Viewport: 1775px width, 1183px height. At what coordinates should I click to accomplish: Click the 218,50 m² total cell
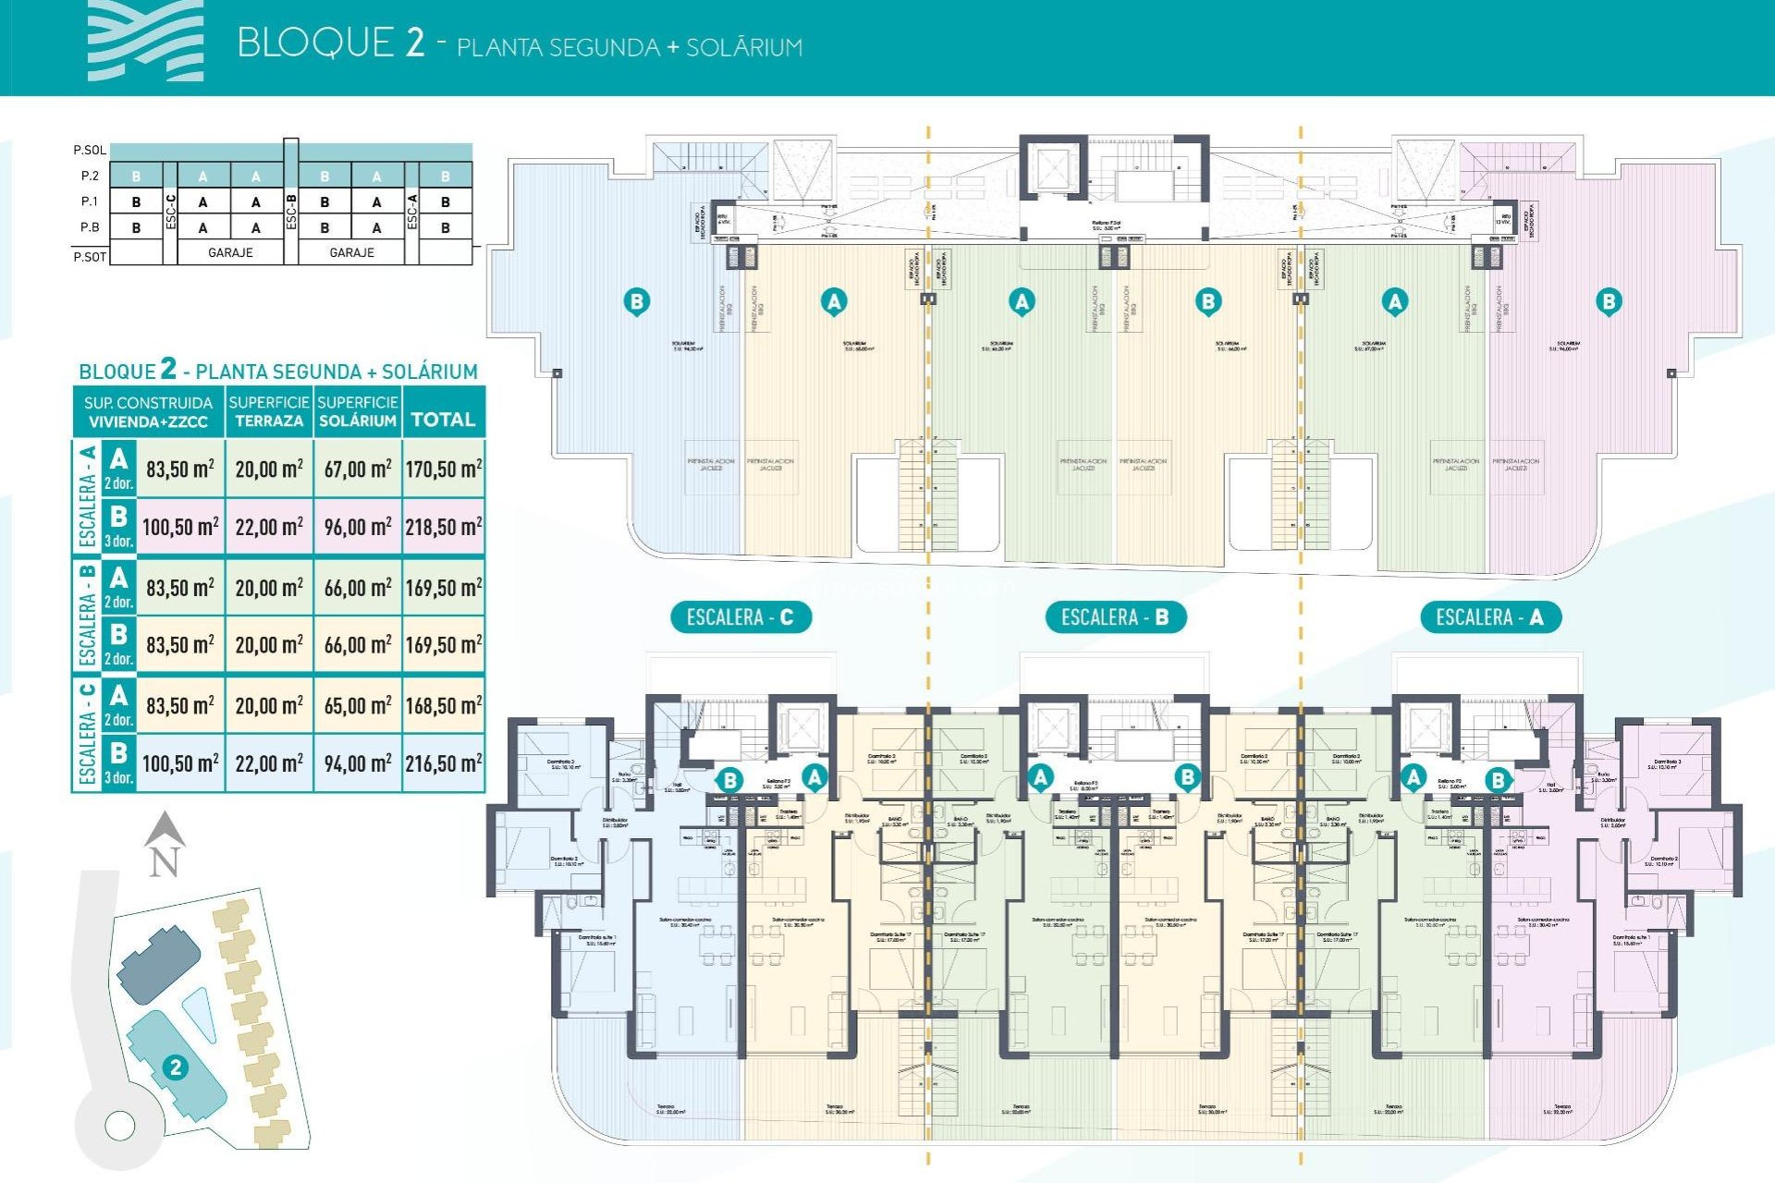[x=444, y=527]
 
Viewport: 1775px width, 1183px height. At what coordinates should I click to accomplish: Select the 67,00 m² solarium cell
[x=358, y=469]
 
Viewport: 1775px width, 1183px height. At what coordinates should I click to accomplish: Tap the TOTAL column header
[x=443, y=420]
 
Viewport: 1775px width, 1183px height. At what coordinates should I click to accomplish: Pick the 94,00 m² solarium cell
[x=358, y=763]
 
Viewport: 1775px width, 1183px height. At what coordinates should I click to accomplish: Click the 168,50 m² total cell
[x=444, y=706]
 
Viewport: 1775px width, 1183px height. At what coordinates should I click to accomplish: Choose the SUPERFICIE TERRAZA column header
[x=269, y=411]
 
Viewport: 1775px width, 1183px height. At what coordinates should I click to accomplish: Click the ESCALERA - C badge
[x=740, y=617]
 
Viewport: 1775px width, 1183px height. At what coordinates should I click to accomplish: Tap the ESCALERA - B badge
[x=1114, y=617]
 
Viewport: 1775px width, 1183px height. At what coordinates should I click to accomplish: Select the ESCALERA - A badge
[x=1488, y=617]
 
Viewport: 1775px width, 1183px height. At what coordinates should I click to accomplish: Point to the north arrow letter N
[x=164, y=861]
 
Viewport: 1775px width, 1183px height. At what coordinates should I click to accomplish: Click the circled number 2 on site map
[x=175, y=1067]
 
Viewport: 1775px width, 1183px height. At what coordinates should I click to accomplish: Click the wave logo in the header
[x=145, y=42]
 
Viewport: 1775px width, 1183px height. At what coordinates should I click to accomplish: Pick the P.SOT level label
[x=90, y=257]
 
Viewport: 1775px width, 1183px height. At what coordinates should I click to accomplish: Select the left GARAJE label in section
[x=230, y=252]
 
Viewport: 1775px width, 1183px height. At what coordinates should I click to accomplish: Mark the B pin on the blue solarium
[x=636, y=301]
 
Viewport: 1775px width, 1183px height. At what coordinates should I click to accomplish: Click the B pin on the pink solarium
[x=1609, y=301]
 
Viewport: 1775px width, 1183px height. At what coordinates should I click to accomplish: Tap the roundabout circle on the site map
[x=120, y=1126]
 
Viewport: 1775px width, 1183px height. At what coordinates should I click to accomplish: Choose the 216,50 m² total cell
[x=444, y=763]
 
